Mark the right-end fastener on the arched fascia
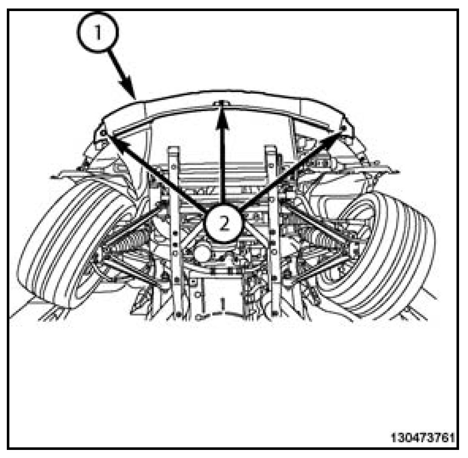pyautogui.click(x=343, y=127)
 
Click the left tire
pyautogui.click(x=64, y=247)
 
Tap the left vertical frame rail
pyautogui.click(x=176, y=230)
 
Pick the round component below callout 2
pyautogui.click(x=203, y=255)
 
